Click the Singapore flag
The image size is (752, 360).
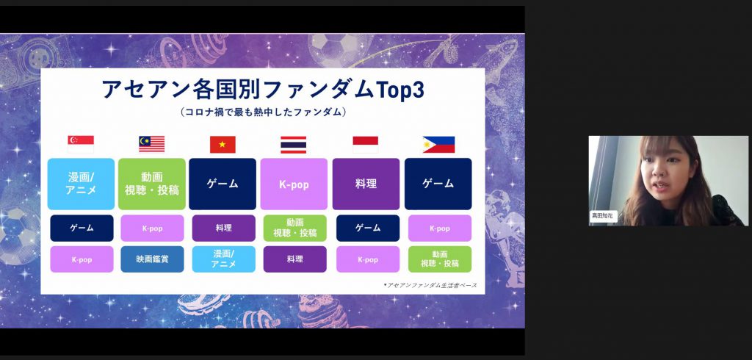[81, 144]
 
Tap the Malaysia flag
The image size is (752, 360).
[151, 144]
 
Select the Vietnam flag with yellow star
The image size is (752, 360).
[223, 144]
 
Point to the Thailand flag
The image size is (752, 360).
[294, 145]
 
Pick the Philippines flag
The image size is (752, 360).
[439, 145]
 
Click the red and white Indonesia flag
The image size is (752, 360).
[366, 145]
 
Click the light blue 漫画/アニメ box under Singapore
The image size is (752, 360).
[81, 184]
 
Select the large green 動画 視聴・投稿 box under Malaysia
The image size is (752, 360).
[151, 184]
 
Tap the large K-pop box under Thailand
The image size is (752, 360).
[294, 184]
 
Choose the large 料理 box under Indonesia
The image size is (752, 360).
[366, 184]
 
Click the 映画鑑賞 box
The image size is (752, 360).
[152, 259]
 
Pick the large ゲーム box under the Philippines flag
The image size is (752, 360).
[438, 184]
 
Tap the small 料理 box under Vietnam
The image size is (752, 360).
[224, 228]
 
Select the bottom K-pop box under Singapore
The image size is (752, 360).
[82, 259]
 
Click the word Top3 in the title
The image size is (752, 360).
[400, 90]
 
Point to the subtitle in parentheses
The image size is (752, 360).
[263, 112]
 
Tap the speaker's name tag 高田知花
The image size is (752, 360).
[602, 216]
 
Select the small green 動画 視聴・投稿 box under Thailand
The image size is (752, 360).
[295, 228]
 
